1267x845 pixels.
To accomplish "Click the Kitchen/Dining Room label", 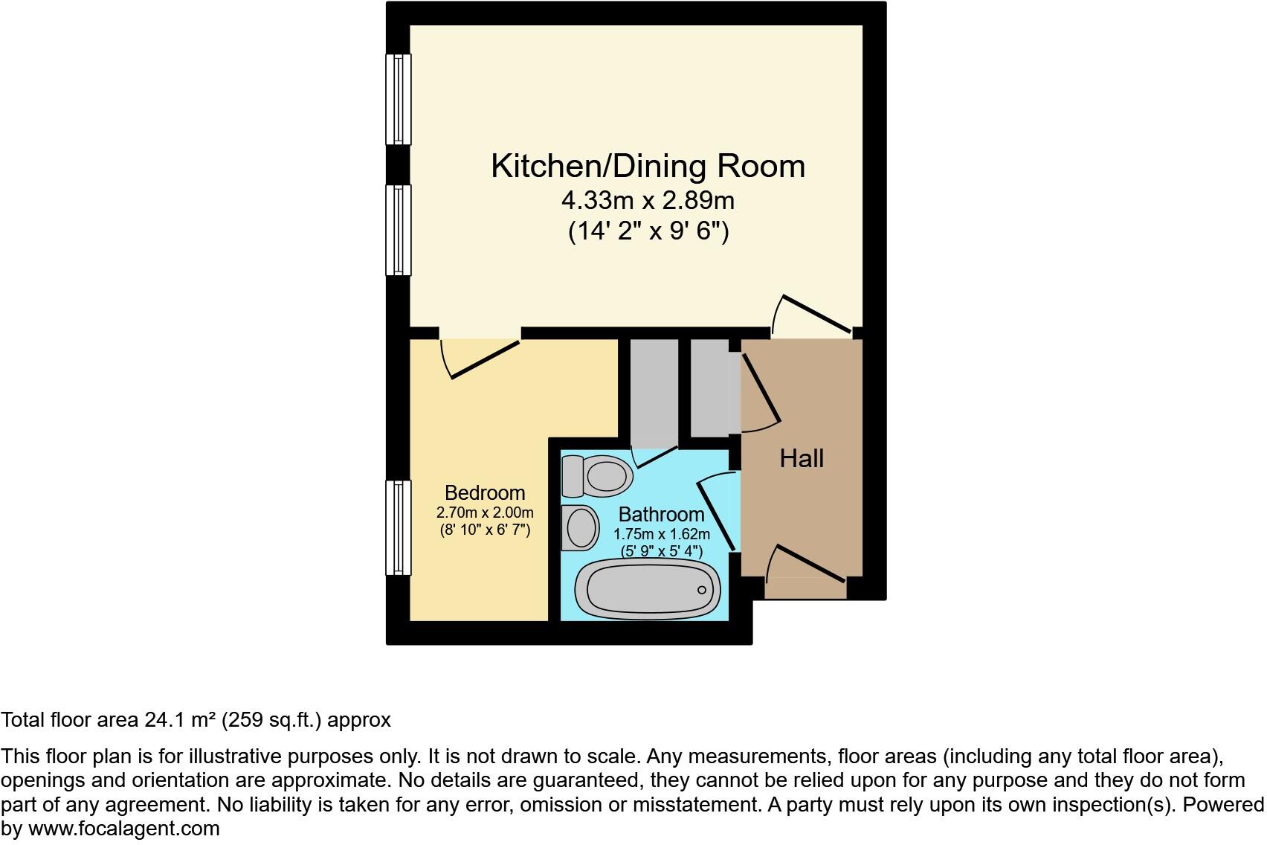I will (648, 166).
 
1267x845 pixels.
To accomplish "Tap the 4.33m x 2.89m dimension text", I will (648, 201).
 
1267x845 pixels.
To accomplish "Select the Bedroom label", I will (485, 492).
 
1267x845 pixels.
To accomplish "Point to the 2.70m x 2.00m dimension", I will (485, 513).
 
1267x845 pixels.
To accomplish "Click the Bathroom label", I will (661, 514).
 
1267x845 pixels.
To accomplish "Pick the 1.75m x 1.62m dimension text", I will (661, 534).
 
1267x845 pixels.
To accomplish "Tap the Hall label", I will (802, 458).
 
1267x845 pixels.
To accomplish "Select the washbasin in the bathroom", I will (581, 527).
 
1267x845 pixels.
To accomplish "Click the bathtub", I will (648, 590).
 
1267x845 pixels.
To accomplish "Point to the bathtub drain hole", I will (702, 590).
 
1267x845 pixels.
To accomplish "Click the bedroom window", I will (399, 527).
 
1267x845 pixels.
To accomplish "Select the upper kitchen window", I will (399, 99).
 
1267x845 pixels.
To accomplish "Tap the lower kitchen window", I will (399, 230).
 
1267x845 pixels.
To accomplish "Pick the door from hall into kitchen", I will (813, 314).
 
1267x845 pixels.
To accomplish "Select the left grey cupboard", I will (654, 391).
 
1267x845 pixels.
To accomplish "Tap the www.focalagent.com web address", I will (124, 829).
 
